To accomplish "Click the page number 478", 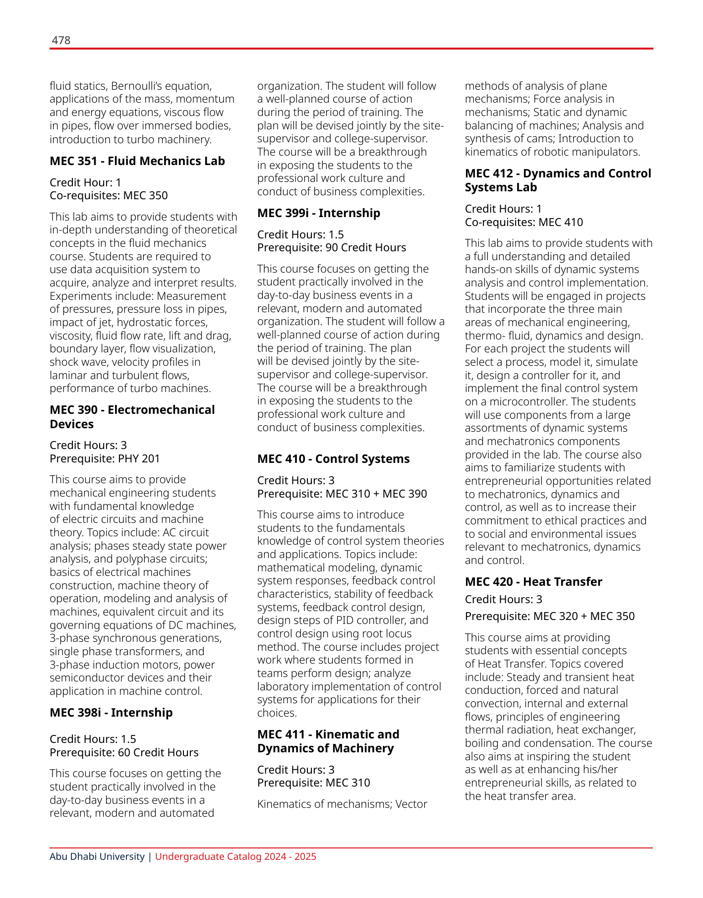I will pyautogui.click(x=61, y=40).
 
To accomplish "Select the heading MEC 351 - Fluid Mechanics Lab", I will pyautogui.click(x=137, y=161).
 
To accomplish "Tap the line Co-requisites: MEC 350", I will pyautogui.click(x=109, y=196).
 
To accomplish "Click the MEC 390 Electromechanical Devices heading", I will pyautogui.click(x=132, y=417).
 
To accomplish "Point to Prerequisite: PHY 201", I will pyautogui.click(x=105, y=459).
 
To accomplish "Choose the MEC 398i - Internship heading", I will pyautogui.click(x=111, y=713).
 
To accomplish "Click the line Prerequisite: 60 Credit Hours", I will pyautogui.click(x=124, y=753).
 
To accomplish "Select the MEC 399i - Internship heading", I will pyautogui.click(x=319, y=213).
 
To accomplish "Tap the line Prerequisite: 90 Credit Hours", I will pyautogui.click(x=332, y=248).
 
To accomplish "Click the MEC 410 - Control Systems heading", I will pyautogui.click(x=334, y=459).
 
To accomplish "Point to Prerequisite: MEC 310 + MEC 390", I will pyautogui.click(x=342, y=494).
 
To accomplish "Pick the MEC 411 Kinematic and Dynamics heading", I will pyautogui.click(x=328, y=741).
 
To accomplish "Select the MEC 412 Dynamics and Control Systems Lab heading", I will pyautogui.click(x=558, y=180).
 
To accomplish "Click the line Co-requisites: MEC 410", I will pyautogui.click(x=524, y=223).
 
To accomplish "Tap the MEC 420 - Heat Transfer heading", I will pyautogui.click(x=533, y=582).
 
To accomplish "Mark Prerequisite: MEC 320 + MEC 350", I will pyautogui.click(x=550, y=617).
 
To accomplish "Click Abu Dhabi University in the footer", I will pyautogui.click(x=97, y=857).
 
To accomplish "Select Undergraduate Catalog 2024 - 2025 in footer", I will pyautogui.click(x=235, y=857).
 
